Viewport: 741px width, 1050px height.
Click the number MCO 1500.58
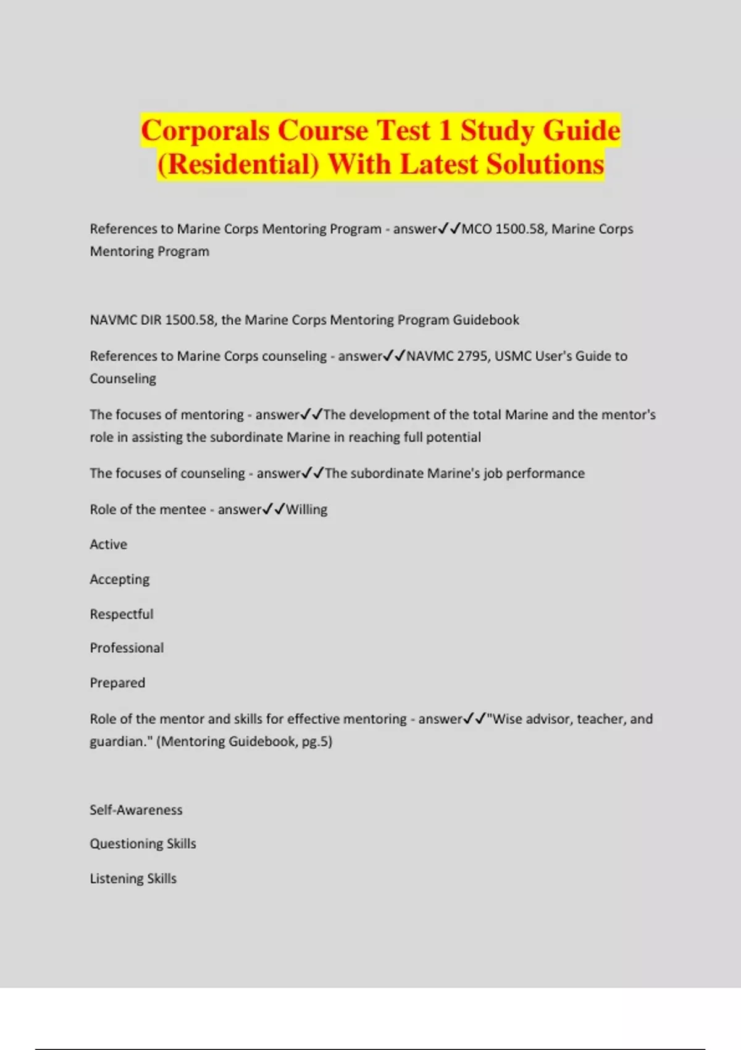[x=503, y=229]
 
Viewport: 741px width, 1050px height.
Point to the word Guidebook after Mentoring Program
[x=486, y=320]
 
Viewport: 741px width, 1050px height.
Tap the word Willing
[x=306, y=510]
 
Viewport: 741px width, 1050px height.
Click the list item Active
[x=109, y=544]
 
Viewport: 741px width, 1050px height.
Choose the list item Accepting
[x=120, y=579]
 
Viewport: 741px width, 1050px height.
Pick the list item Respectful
[x=122, y=614]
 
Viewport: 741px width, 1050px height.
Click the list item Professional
[x=127, y=648]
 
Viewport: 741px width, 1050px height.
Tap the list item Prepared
[x=117, y=683]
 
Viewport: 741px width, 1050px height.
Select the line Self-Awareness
[x=136, y=810]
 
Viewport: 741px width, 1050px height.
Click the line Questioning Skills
[x=143, y=844]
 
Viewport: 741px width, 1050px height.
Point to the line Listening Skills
[x=133, y=878]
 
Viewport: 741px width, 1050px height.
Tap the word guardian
[x=119, y=742]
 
